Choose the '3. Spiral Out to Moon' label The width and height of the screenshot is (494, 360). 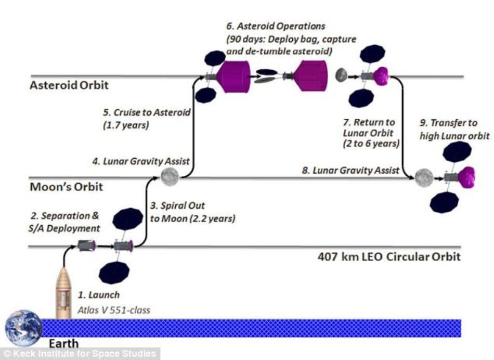(192, 212)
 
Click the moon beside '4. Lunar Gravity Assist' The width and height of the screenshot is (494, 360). (169, 177)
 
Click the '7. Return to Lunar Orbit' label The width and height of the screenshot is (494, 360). (368, 133)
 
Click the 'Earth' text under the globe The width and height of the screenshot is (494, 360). (63, 343)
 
